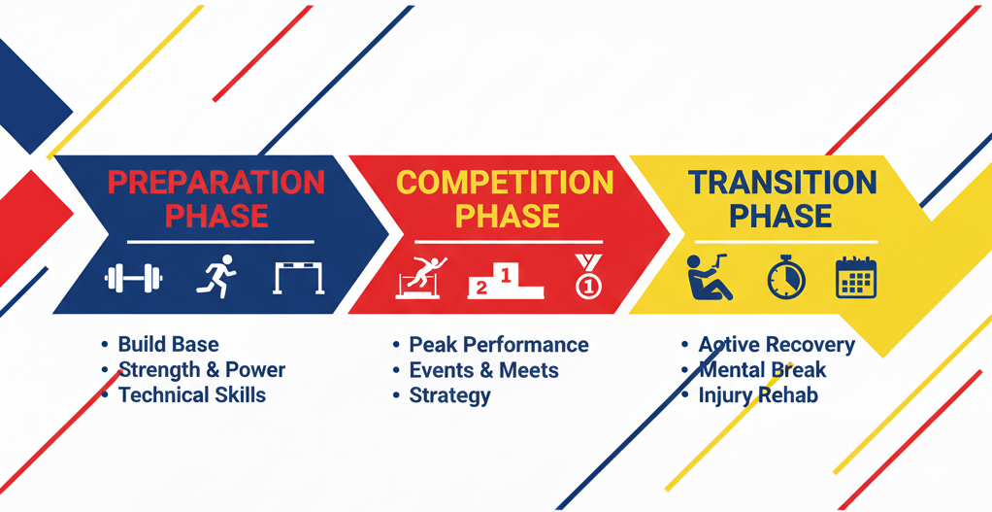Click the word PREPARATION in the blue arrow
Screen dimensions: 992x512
point(216,183)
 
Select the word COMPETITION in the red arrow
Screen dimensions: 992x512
point(505,183)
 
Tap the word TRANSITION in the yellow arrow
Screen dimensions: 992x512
point(782,183)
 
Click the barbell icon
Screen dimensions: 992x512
point(134,279)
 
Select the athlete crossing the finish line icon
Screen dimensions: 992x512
point(421,277)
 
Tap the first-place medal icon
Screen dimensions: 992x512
point(588,276)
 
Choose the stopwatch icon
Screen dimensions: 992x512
point(786,278)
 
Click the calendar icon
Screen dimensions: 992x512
point(856,277)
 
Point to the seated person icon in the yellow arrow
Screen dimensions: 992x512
point(710,277)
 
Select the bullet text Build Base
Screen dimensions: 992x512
point(169,344)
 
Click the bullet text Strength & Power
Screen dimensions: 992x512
point(203,369)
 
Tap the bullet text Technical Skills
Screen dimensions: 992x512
point(192,394)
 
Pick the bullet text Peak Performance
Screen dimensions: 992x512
point(499,344)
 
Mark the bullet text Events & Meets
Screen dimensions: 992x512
point(484,369)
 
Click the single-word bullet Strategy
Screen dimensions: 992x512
point(449,395)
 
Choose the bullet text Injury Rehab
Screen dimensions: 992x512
point(758,395)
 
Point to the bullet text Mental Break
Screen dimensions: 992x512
point(762,369)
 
